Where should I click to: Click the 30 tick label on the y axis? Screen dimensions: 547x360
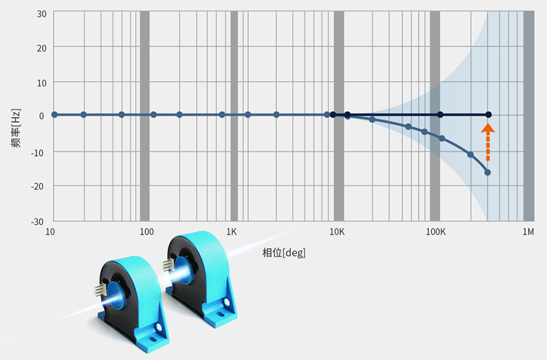point(42,14)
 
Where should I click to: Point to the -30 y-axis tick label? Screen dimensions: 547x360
point(37,222)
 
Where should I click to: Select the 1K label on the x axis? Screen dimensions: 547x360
point(231,232)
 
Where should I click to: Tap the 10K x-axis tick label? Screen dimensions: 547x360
point(337,232)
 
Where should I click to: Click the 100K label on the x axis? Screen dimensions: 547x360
point(435,232)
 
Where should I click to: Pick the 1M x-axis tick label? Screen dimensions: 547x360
point(528,232)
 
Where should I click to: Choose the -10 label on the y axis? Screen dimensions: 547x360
point(37,153)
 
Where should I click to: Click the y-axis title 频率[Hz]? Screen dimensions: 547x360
point(16,128)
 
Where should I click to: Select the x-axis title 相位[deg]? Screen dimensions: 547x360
point(283,252)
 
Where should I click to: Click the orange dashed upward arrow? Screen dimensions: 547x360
point(488,143)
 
